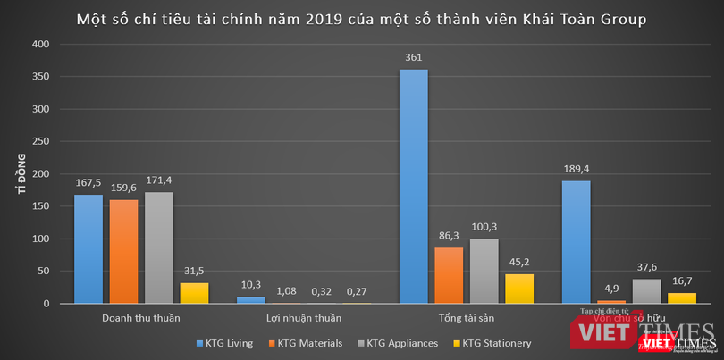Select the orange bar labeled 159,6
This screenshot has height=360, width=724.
[124, 252]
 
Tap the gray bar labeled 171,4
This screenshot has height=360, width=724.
[159, 247]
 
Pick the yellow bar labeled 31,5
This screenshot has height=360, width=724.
[194, 293]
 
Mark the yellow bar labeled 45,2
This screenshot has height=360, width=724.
[518, 289]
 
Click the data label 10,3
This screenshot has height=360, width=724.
[251, 284]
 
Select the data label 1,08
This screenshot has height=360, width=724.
[286, 290]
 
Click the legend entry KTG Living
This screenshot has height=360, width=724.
[227, 342]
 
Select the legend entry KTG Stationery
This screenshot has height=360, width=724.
[494, 342]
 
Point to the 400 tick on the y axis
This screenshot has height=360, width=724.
[41, 44]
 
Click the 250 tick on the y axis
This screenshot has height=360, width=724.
[41, 141]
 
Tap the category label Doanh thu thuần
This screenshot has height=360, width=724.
[141, 317]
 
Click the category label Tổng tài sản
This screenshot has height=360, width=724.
[466, 317]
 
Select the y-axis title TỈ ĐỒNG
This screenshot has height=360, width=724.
[13, 174]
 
